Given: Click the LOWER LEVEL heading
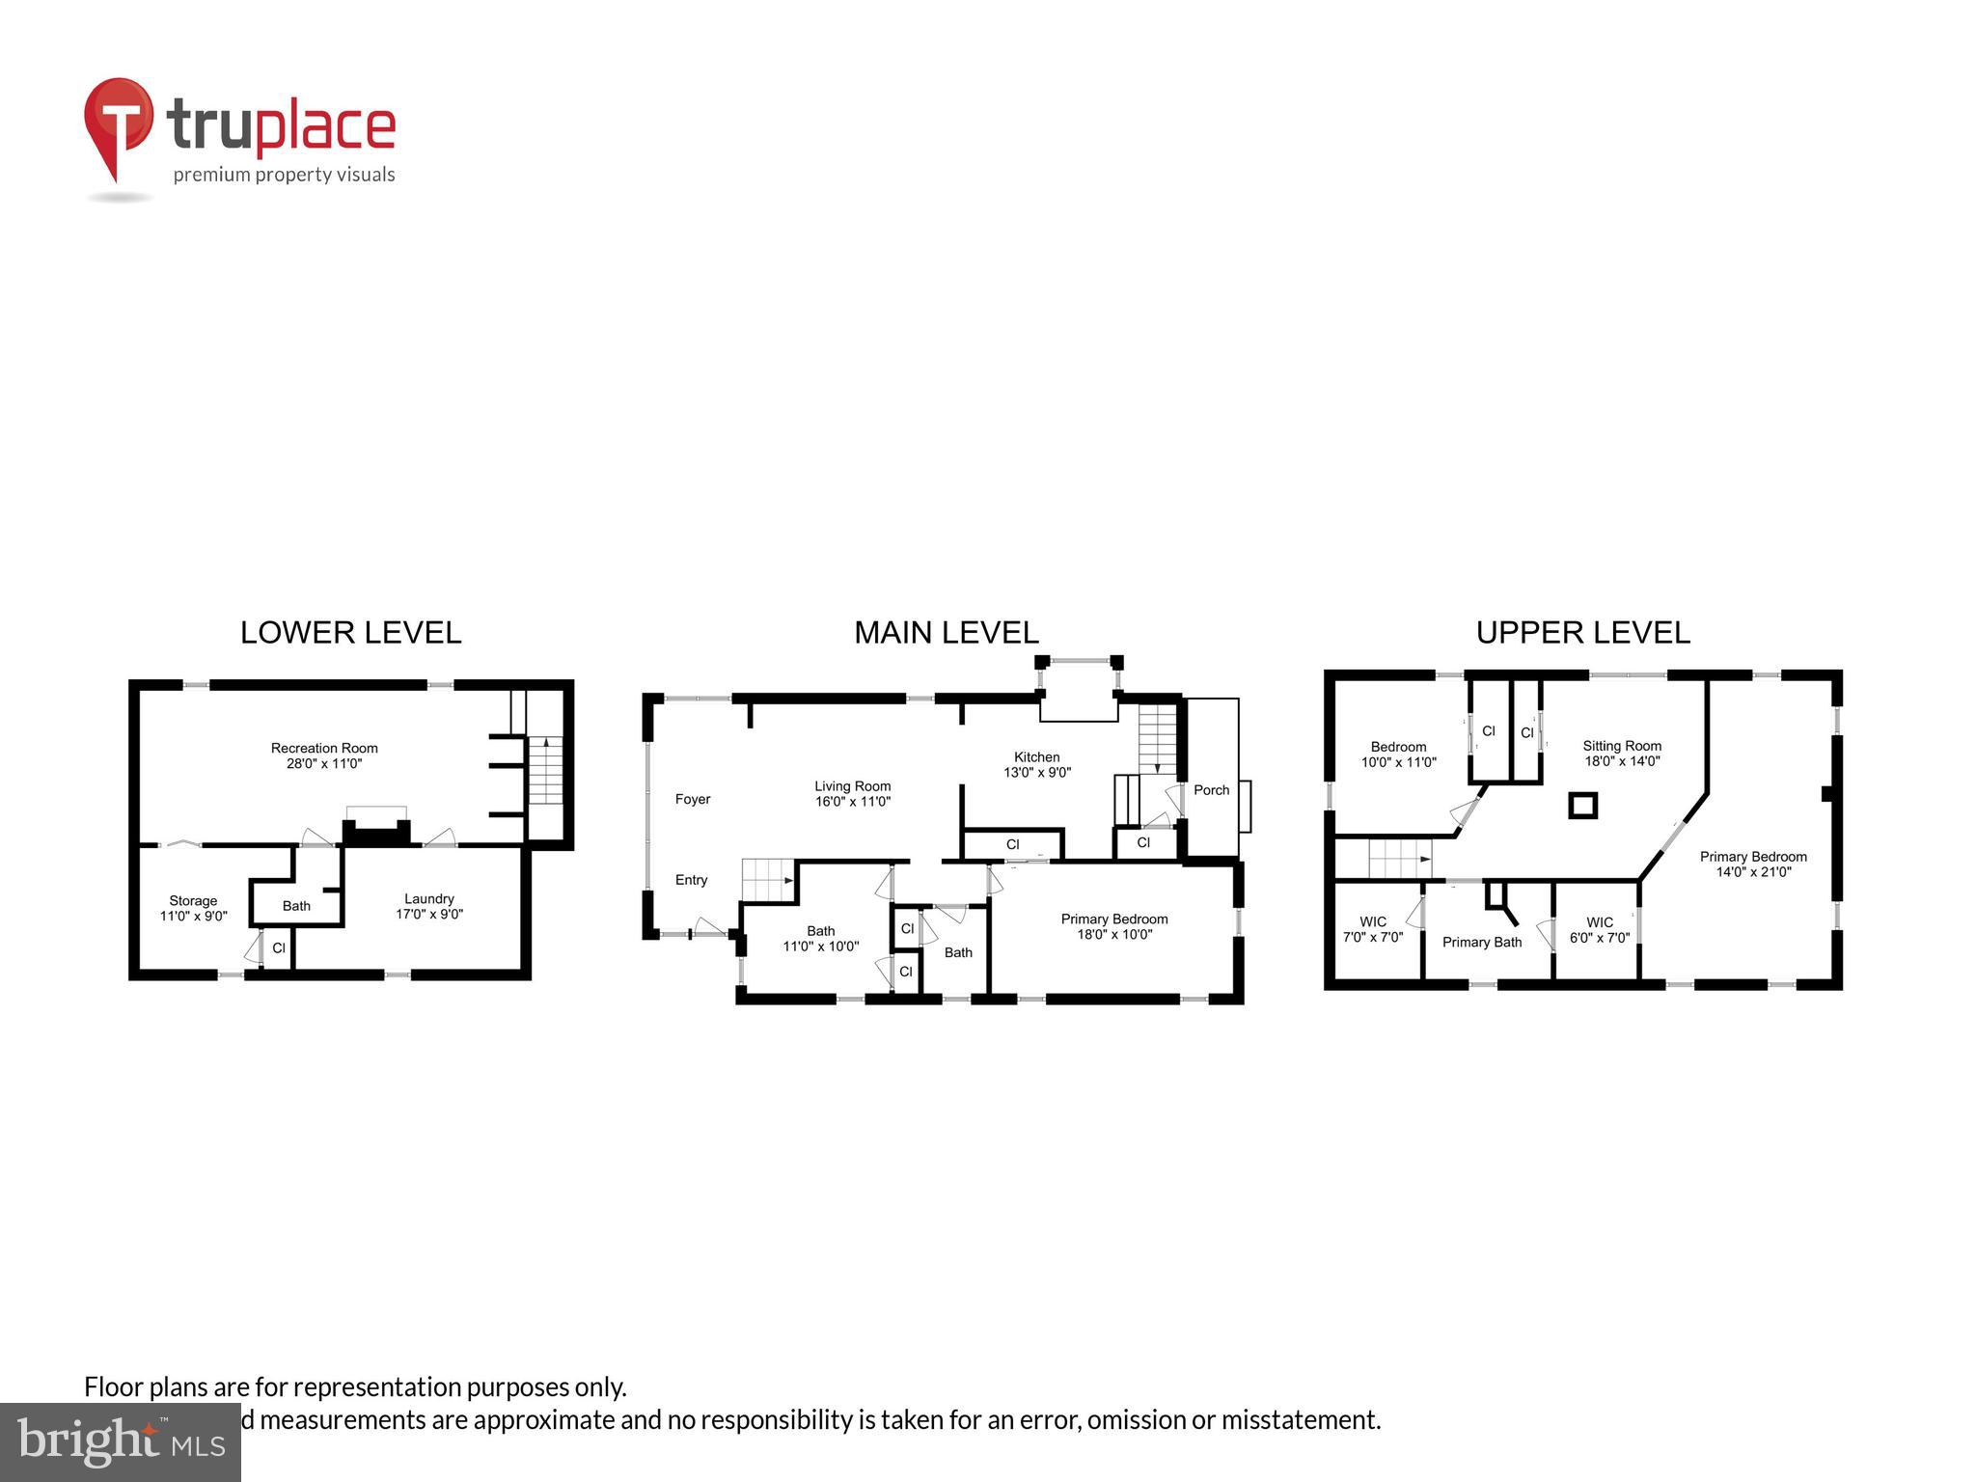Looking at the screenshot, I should (350, 633).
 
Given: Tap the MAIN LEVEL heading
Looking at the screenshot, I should (946, 633).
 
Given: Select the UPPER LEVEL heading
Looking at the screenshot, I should (1582, 633).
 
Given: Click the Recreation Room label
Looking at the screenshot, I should (324, 748).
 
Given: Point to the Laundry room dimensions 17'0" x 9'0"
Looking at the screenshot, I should (429, 914).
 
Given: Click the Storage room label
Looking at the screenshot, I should (193, 900).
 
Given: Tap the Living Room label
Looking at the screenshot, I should (852, 786).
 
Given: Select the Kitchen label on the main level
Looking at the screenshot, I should (1036, 757).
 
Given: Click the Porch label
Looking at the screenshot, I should (1211, 790).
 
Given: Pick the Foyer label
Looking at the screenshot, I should (692, 799).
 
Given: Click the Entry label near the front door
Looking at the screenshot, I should (691, 880).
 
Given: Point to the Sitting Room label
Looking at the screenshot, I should (1621, 746).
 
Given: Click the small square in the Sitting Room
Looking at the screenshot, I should (1582, 805).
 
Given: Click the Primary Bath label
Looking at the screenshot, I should (1481, 942).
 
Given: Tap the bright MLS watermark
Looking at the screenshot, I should (121, 1442).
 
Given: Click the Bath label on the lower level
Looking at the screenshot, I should (296, 906).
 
